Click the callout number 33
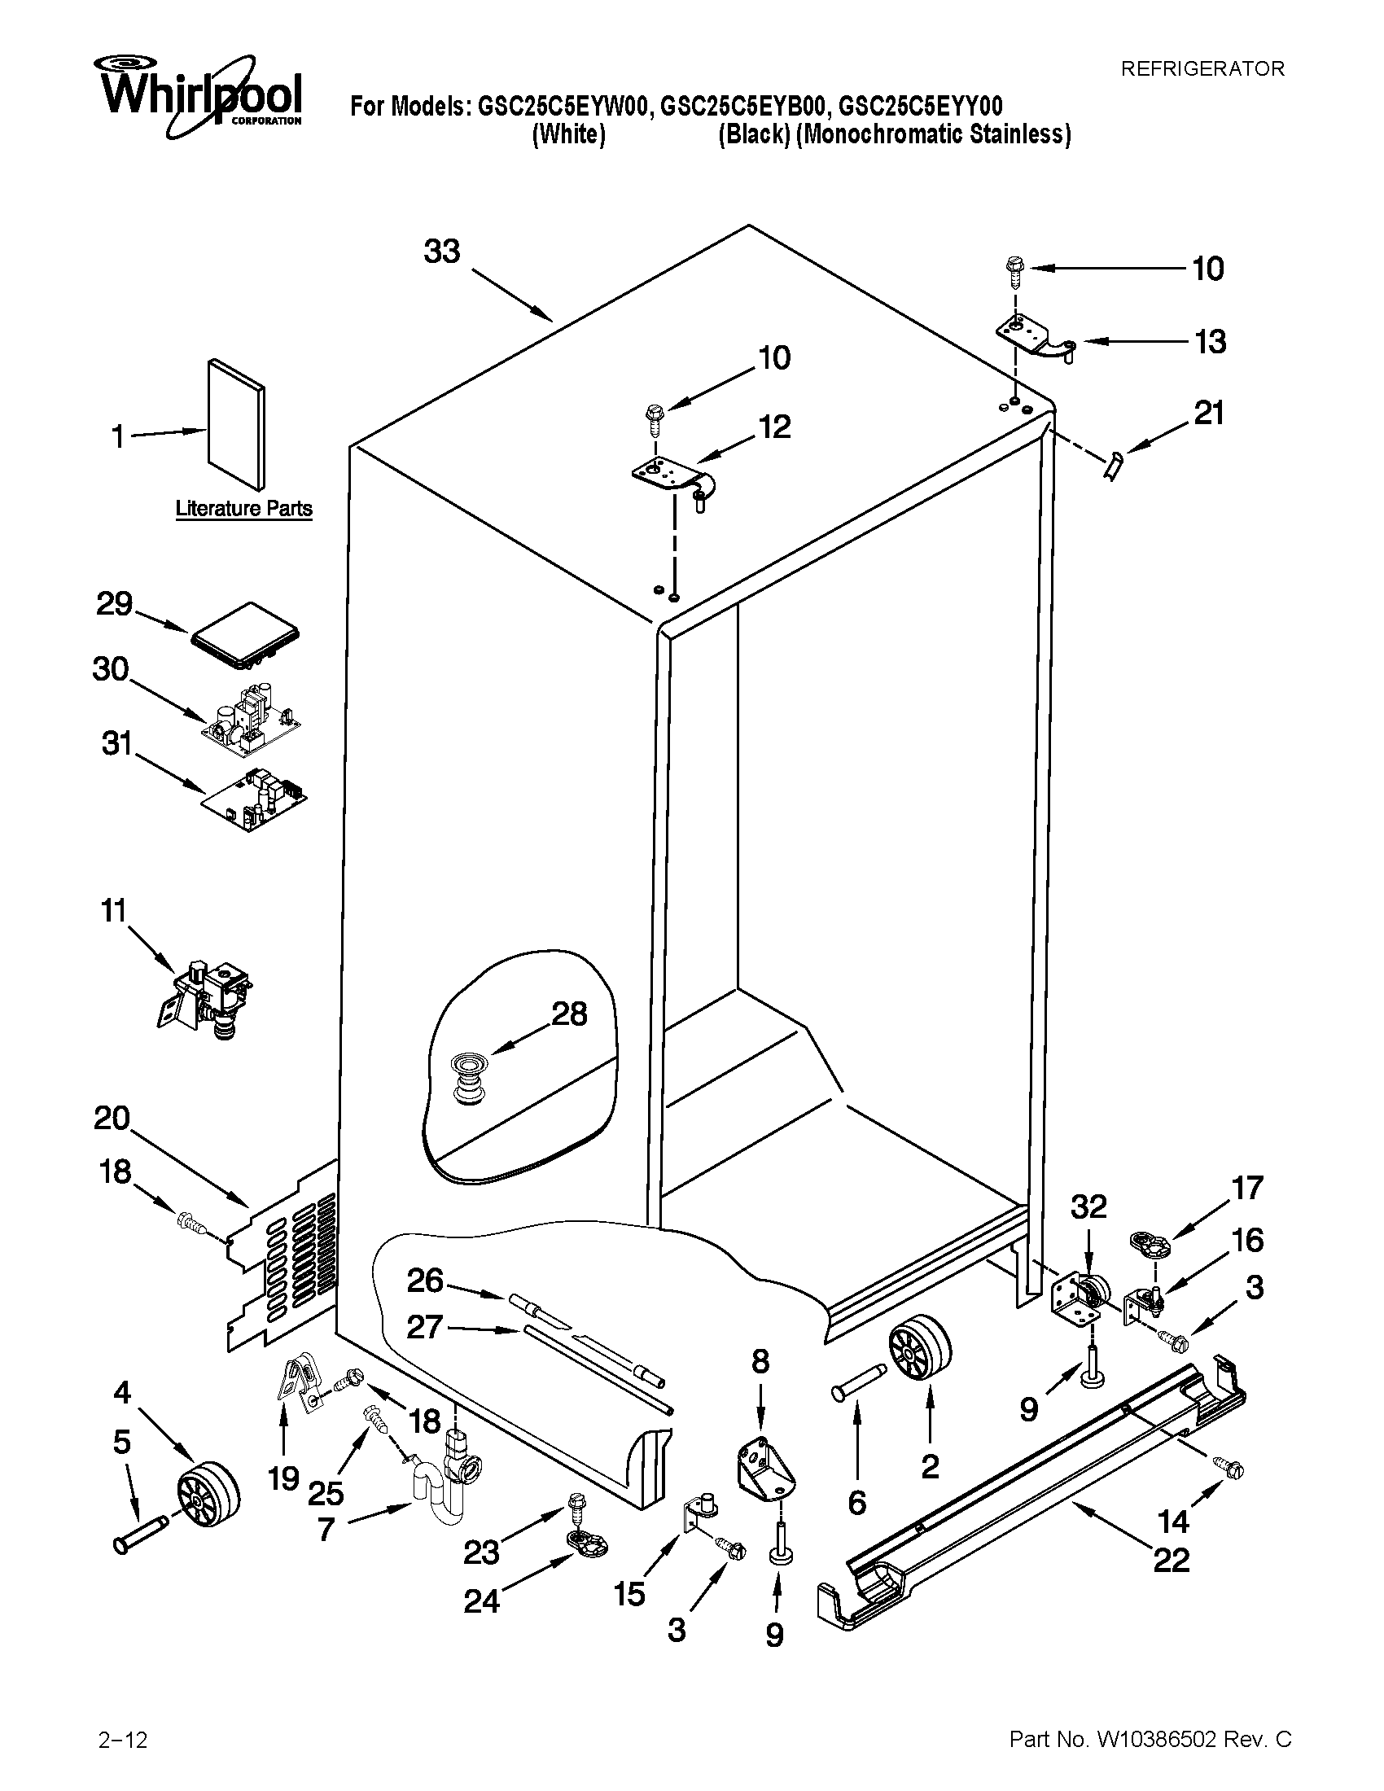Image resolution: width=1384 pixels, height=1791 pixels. click(x=442, y=252)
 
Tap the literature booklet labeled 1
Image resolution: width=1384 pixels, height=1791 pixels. click(x=236, y=423)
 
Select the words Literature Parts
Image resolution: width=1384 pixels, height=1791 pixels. click(x=244, y=510)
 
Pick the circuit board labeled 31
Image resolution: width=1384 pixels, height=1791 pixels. click(x=253, y=799)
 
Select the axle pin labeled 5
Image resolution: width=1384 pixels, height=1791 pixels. click(x=141, y=1535)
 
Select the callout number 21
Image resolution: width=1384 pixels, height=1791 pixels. click(x=1208, y=414)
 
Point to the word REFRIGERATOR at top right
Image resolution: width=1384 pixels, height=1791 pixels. click(x=1202, y=69)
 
